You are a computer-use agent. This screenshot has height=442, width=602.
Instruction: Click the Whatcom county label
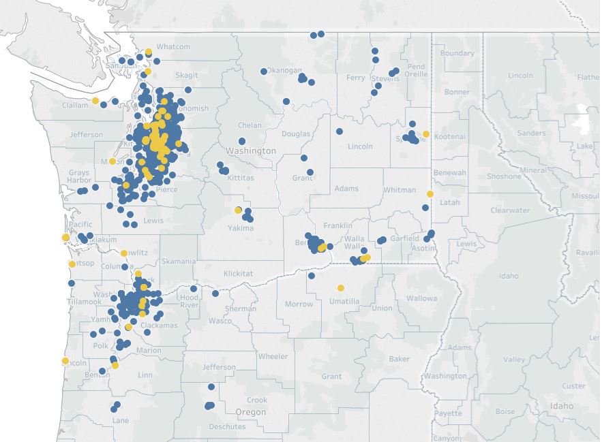pyautogui.click(x=173, y=47)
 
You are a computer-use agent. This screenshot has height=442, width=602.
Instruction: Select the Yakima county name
pyautogui.click(x=241, y=228)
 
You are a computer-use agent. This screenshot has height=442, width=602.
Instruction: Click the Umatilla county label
pyautogui.click(x=344, y=301)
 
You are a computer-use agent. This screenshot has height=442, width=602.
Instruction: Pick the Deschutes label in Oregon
pyautogui.click(x=227, y=427)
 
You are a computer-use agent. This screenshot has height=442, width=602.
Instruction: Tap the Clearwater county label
pyautogui.click(x=510, y=210)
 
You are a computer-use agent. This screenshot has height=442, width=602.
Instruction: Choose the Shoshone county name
pyautogui.click(x=504, y=176)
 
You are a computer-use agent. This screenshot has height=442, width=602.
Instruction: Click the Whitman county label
pyautogui.click(x=400, y=190)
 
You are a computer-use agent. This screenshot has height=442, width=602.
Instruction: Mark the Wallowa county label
pyautogui.click(x=421, y=298)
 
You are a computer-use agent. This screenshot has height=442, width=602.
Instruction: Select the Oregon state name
pyautogui.click(x=250, y=412)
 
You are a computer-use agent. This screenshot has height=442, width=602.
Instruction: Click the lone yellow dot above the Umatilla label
pyautogui.click(x=341, y=288)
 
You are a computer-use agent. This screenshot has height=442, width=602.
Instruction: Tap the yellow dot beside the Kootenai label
pyautogui.click(x=426, y=134)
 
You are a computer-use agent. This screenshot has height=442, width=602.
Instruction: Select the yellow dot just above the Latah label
pyautogui.click(x=430, y=194)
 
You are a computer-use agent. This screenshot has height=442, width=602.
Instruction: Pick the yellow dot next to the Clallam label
pyautogui.click(x=95, y=101)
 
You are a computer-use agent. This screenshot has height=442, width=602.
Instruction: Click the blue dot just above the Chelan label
pyautogui.click(x=241, y=142)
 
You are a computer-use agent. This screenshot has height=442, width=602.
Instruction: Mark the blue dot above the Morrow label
pyautogui.click(x=312, y=276)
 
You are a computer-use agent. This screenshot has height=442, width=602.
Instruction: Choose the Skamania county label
pyautogui.click(x=179, y=262)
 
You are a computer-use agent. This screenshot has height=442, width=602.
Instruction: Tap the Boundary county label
pyautogui.click(x=457, y=53)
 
